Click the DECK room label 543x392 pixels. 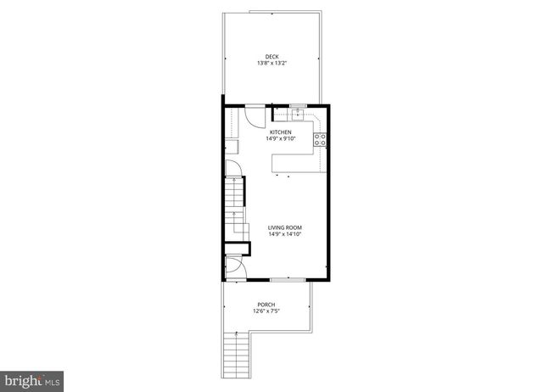(x=271, y=57)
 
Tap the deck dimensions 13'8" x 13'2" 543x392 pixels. (x=271, y=64)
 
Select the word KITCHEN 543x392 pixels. (x=281, y=132)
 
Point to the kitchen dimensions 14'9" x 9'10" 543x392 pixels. (x=281, y=139)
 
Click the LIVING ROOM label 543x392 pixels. (x=285, y=227)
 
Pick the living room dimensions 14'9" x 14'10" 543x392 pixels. (x=285, y=234)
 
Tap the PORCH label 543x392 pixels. (x=266, y=305)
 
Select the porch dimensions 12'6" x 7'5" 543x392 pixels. (x=266, y=311)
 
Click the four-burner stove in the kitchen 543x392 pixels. (x=321, y=141)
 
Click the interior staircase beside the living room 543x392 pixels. (x=235, y=212)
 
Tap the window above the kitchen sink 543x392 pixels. (x=298, y=105)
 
